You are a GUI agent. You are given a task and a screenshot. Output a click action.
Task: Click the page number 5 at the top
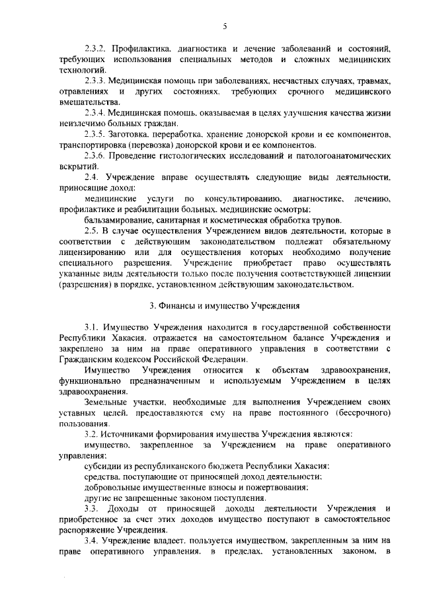[224, 26]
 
